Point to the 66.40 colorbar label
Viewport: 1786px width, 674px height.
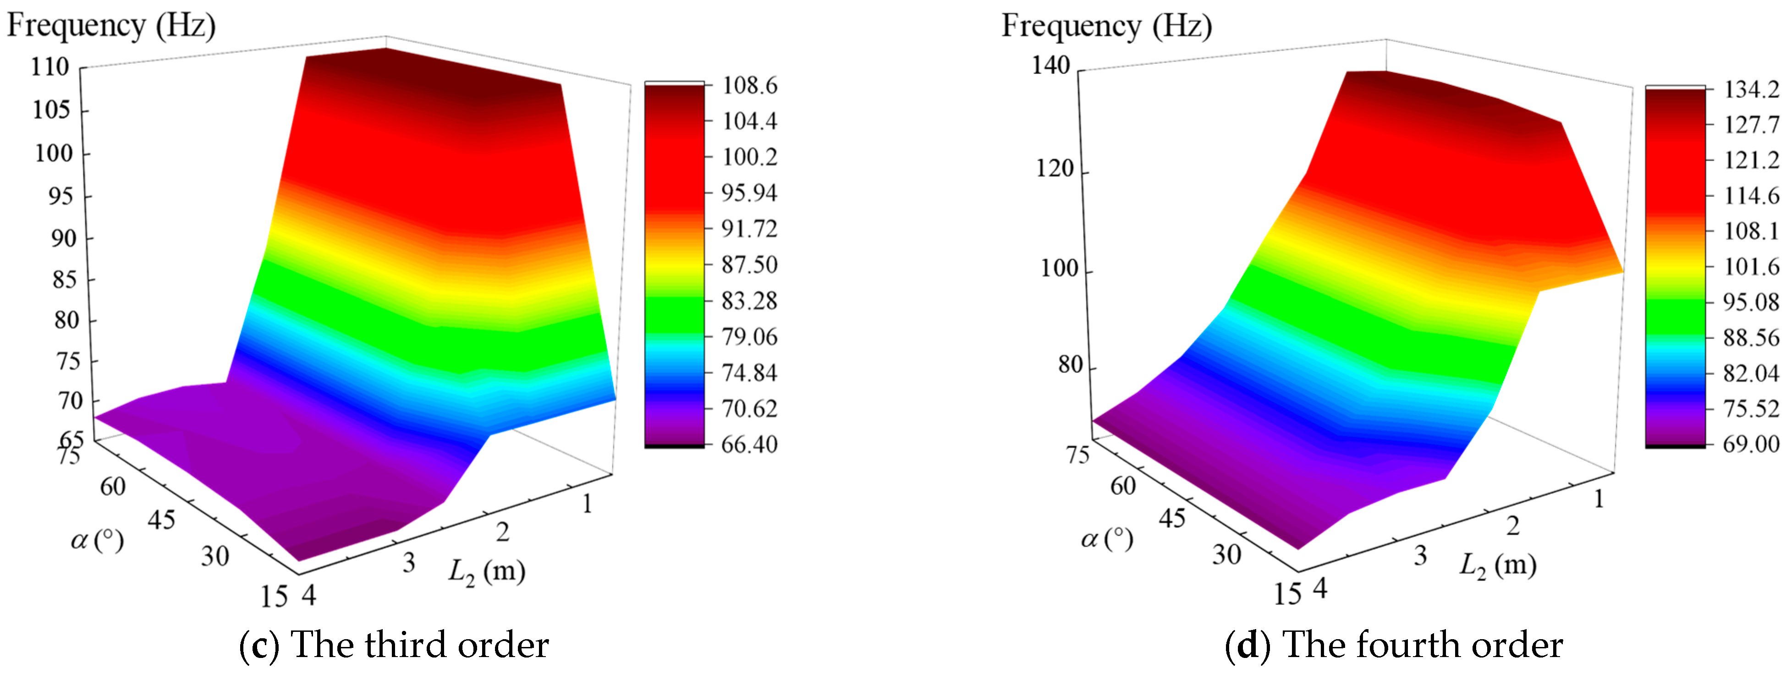(749, 444)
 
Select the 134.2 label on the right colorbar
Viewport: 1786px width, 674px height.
(1751, 89)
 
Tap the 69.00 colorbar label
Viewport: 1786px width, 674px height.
(1751, 444)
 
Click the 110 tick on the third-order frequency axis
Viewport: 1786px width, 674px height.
(50, 67)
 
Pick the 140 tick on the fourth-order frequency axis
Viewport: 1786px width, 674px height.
(1051, 65)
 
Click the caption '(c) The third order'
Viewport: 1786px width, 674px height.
(394, 645)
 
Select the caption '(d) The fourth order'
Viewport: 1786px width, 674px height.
(1394, 645)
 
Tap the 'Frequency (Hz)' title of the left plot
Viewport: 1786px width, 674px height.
(111, 26)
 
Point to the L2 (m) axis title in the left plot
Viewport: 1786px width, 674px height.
(487, 571)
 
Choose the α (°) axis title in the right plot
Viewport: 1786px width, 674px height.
(1107, 539)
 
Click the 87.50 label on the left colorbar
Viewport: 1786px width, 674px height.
(749, 265)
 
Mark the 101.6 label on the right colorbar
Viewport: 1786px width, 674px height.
(1751, 266)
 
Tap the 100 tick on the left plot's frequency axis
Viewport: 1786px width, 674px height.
(53, 153)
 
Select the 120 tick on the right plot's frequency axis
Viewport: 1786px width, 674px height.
(1055, 169)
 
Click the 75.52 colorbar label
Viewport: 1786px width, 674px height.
(1751, 408)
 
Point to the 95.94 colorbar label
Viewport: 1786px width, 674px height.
(749, 193)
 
